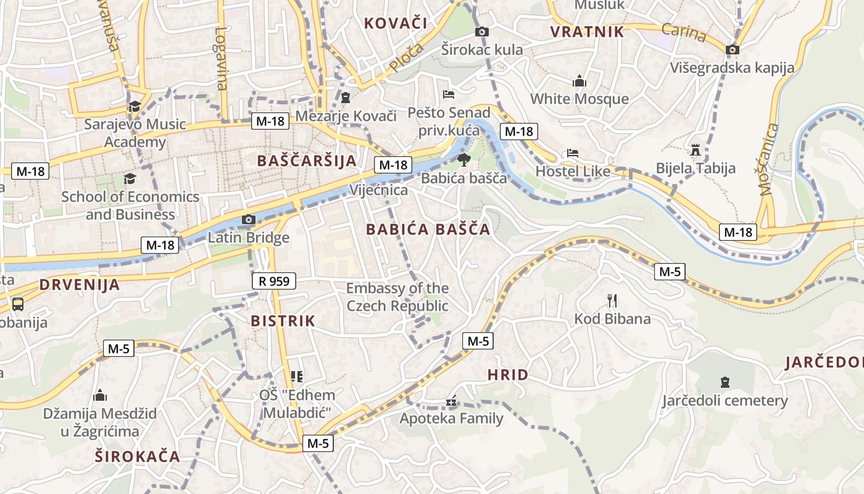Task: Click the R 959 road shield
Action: pyautogui.click(x=274, y=282)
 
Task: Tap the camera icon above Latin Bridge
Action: pyautogui.click(x=249, y=219)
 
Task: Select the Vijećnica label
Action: pyautogui.click(x=379, y=190)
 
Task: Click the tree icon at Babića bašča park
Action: pyautogui.click(x=463, y=161)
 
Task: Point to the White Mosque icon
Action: pyautogui.click(x=579, y=81)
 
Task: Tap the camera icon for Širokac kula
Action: pyautogui.click(x=481, y=31)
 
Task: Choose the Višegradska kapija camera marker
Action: pyautogui.click(x=733, y=49)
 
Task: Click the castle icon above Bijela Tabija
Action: pyautogui.click(x=696, y=150)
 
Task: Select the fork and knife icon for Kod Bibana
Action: pyautogui.click(x=612, y=301)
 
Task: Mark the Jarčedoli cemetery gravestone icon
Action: pyautogui.click(x=725, y=382)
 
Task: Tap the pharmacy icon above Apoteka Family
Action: pyautogui.click(x=451, y=401)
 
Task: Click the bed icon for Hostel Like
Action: pyautogui.click(x=573, y=153)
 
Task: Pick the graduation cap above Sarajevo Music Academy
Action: pyautogui.click(x=135, y=106)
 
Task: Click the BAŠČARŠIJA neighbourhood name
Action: pyautogui.click(x=307, y=161)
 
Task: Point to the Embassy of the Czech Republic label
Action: pyautogui.click(x=397, y=297)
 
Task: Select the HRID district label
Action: pyautogui.click(x=508, y=375)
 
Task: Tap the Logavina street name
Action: pyautogui.click(x=222, y=59)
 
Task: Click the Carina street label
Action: pyautogui.click(x=684, y=31)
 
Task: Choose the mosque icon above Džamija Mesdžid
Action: pyautogui.click(x=100, y=395)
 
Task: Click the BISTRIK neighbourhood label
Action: pyautogui.click(x=283, y=321)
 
